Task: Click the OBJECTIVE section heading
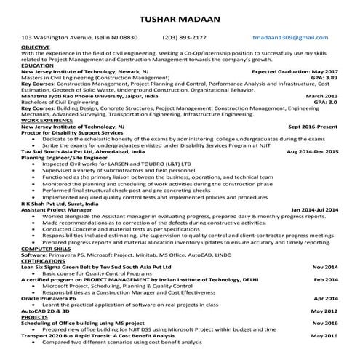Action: coord(36,47)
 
